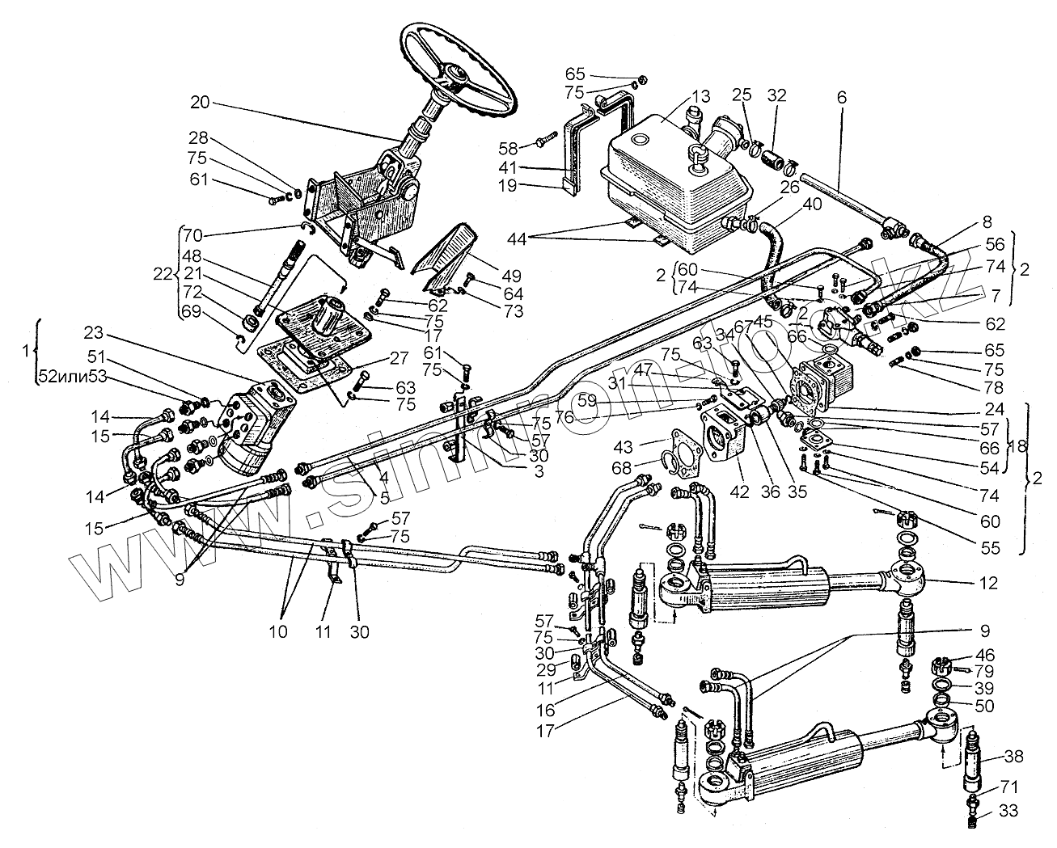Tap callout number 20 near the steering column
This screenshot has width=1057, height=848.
coord(199,103)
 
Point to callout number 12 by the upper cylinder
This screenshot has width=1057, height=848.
coord(988,584)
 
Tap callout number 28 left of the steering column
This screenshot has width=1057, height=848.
coord(199,137)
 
